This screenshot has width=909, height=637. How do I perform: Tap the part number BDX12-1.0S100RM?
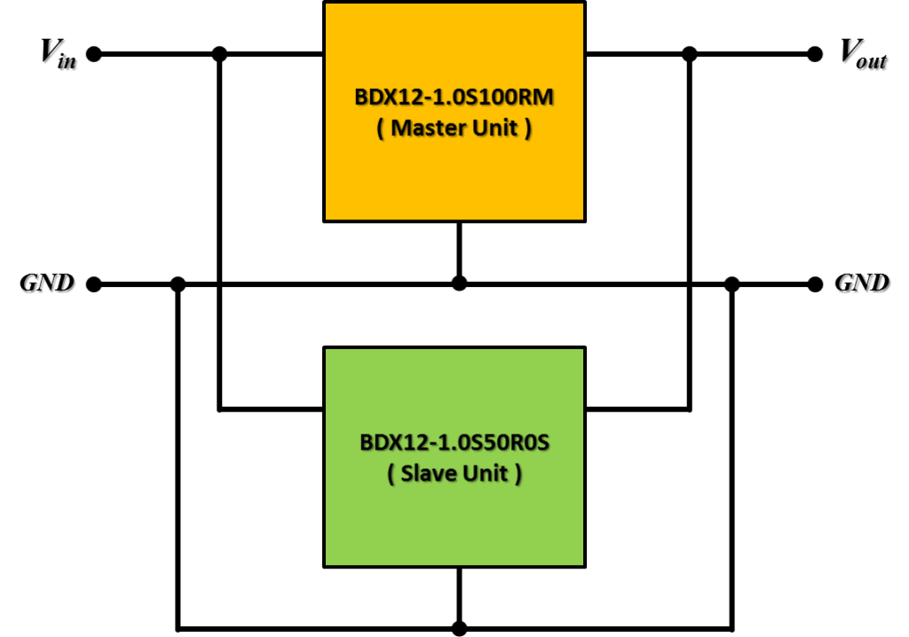pyautogui.click(x=454, y=97)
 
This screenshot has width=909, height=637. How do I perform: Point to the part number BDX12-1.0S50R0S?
pyautogui.click(x=454, y=442)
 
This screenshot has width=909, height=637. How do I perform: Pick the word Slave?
pyautogui.click(x=429, y=474)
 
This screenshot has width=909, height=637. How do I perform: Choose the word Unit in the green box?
pyautogui.click(x=484, y=474)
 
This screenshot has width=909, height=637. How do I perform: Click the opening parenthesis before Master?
pyautogui.click(x=380, y=129)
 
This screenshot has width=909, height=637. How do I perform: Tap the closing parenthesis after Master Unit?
pyautogui.click(x=528, y=129)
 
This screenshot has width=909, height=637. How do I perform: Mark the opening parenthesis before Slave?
pyautogui.click(x=391, y=474)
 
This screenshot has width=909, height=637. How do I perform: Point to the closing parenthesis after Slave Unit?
pyautogui.click(x=518, y=474)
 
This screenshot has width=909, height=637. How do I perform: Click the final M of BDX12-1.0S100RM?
pyautogui.click(x=543, y=97)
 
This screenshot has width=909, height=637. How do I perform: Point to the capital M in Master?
pyautogui.click(x=400, y=128)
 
